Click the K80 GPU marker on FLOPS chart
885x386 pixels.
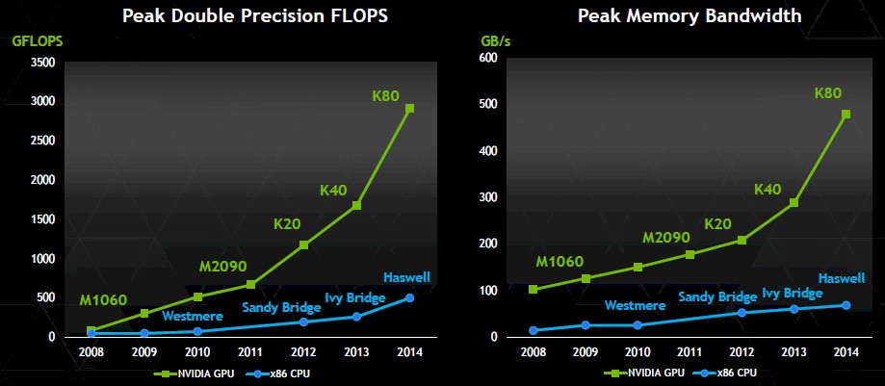(x=410, y=109)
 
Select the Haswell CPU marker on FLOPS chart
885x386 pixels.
(x=410, y=297)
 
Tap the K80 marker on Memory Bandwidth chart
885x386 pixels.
(x=846, y=114)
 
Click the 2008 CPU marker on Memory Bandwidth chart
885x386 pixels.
(x=534, y=330)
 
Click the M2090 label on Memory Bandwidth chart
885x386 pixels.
(x=666, y=238)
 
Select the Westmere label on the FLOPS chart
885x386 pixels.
(x=193, y=316)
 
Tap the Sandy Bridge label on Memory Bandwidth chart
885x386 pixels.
(x=717, y=297)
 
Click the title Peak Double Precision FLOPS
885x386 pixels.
(x=255, y=15)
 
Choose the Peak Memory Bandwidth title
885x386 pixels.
(x=690, y=15)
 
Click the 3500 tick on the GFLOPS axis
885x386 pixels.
(x=43, y=63)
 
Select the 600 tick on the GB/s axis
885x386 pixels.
(x=488, y=58)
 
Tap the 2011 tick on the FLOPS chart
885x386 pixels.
(x=250, y=352)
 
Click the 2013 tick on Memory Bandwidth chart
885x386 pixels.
(x=793, y=352)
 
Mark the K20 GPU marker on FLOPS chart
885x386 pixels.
(x=303, y=244)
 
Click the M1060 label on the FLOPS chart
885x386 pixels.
(x=103, y=300)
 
